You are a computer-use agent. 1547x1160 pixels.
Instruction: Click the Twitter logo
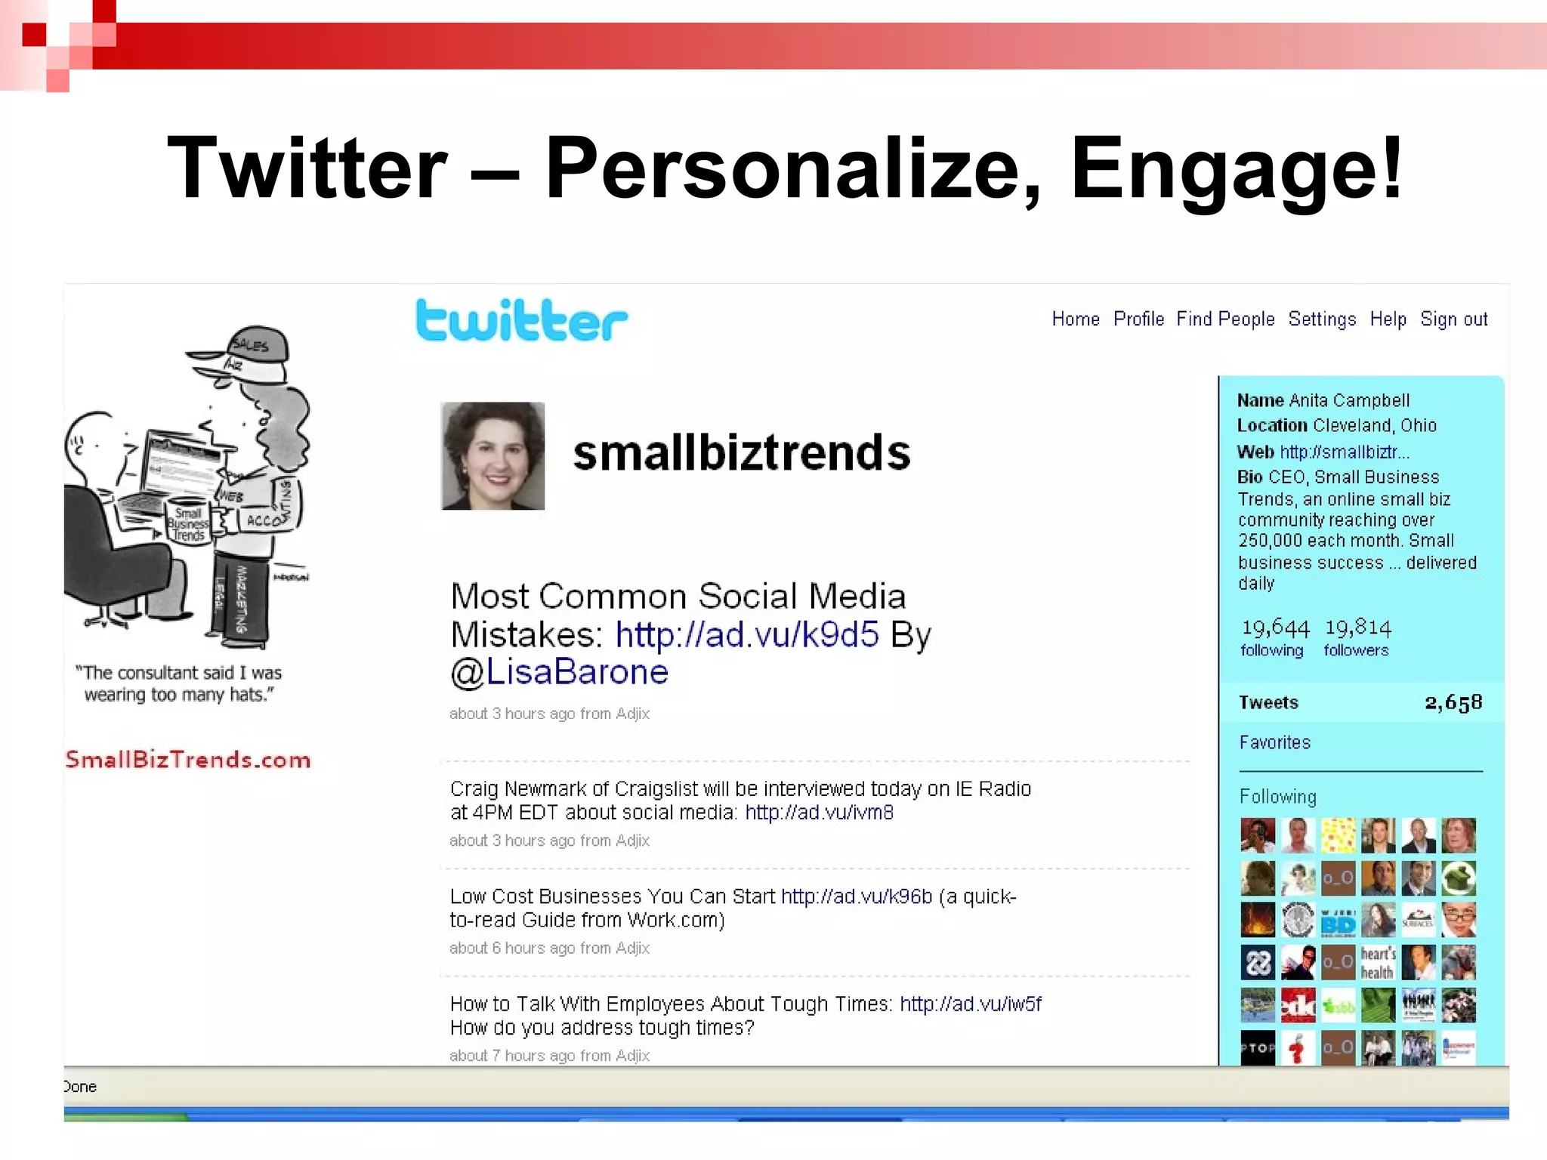pos(521,320)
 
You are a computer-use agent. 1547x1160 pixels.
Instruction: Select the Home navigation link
pos(1076,319)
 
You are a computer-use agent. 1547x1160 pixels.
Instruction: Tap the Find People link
pos(1225,319)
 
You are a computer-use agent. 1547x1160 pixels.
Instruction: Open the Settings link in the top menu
pos(1322,319)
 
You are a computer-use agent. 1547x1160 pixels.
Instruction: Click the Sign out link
pos(1453,319)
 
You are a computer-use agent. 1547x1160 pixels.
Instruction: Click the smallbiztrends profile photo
pos(493,455)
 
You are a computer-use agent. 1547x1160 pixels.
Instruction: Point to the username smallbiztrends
pos(742,452)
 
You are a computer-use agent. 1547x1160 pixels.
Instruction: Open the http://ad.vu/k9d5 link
pos(747,634)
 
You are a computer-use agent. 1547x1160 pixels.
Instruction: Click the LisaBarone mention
pos(577,671)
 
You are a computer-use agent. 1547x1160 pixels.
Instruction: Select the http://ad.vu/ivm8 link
pos(819,813)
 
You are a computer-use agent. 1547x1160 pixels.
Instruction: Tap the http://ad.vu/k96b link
pos(857,896)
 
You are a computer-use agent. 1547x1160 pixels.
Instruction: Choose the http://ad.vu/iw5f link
pos(971,1004)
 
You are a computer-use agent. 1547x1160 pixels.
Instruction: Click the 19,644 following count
pos(1275,636)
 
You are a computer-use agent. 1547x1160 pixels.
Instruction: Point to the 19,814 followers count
pos(1357,636)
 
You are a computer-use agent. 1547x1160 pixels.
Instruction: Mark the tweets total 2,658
pos(1453,702)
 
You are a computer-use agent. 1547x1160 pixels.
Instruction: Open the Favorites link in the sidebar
pos(1274,742)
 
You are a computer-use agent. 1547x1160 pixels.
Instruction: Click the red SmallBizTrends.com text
pos(188,759)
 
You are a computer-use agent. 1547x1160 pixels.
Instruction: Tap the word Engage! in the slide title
pos(1237,168)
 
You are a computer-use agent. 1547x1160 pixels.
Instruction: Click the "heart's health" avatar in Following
pos(1378,963)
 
